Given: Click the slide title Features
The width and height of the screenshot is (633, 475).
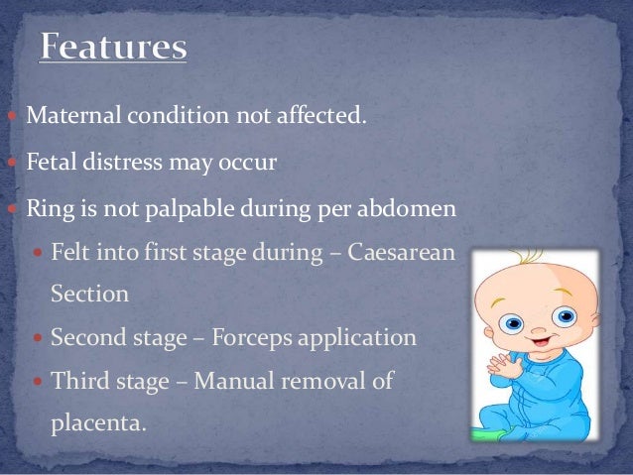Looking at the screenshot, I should [x=112, y=49].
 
